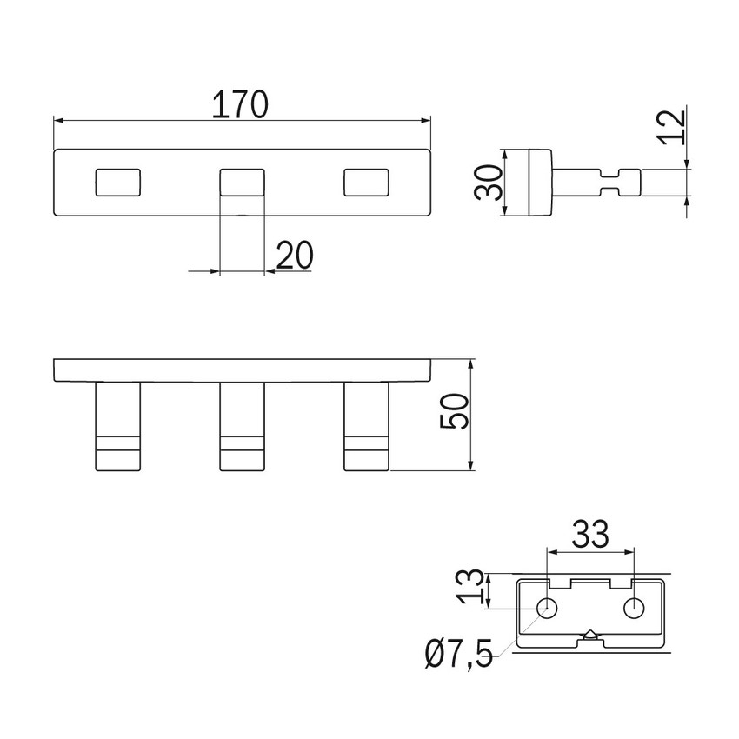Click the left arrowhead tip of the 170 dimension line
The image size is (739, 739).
click(x=54, y=121)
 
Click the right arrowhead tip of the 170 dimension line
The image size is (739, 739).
click(x=430, y=121)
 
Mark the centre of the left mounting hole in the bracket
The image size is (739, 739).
click(x=547, y=608)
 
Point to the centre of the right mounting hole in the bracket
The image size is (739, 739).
click(x=634, y=608)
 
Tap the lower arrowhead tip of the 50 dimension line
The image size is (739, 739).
click(x=471, y=469)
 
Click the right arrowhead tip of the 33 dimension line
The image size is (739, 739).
click(x=634, y=552)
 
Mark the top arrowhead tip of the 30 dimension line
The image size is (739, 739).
click(x=505, y=150)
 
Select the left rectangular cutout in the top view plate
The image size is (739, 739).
click(x=118, y=182)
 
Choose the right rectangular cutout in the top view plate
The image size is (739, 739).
click(x=366, y=182)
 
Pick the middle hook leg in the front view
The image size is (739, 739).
click(x=243, y=426)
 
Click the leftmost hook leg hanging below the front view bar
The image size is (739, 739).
click(x=118, y=426)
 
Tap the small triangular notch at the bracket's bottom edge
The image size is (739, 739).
click(x=591, y=635)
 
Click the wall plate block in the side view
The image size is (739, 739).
click(x=540, y=183)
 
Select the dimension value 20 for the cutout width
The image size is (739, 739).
click(x=295, y=255)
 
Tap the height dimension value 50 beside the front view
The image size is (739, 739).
click(x=455, y=411)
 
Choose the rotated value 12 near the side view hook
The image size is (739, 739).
click(x=672, y=127)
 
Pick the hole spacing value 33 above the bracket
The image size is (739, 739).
click(x=590, y=534)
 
